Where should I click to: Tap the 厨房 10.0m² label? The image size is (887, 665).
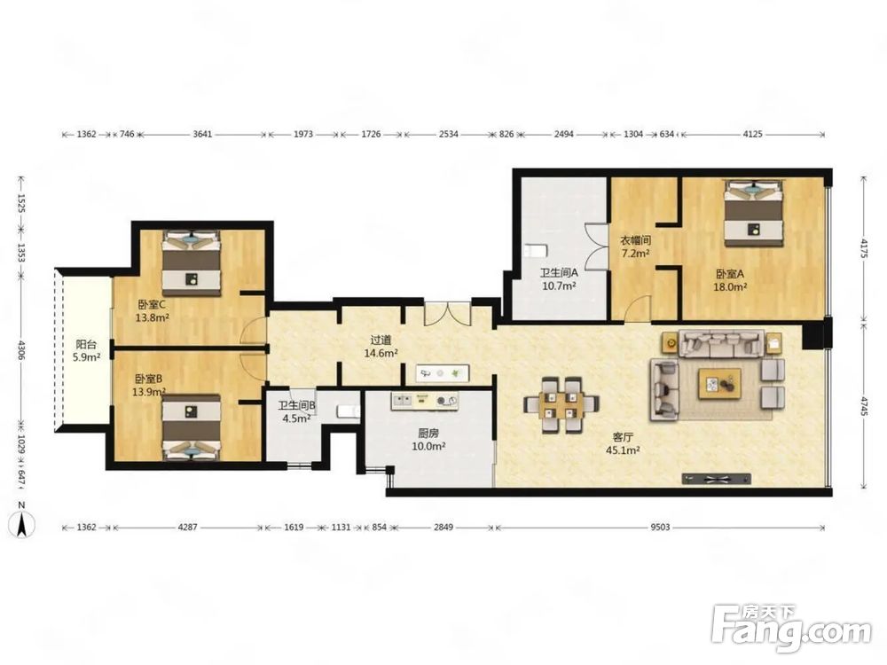[428, 440]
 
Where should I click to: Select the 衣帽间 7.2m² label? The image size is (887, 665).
[635, 246]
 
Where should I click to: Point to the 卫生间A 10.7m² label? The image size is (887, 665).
[559, 278]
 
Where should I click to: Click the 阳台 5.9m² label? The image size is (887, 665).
[87, 350]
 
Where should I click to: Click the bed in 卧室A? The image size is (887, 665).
[755, 213]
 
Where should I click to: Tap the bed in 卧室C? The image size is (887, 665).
[192, 263]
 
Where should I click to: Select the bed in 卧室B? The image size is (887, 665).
[192, 427]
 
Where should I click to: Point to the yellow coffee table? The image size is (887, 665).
[719, 384]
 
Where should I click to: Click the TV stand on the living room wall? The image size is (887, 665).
[716, 479]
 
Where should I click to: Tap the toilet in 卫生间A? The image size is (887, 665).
[535, 250]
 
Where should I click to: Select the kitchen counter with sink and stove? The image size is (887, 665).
[424, 401]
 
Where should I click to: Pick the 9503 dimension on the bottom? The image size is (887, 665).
[660, 527]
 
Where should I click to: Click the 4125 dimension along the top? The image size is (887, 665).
[752, 134]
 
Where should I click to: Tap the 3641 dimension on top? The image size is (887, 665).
[202, 134]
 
